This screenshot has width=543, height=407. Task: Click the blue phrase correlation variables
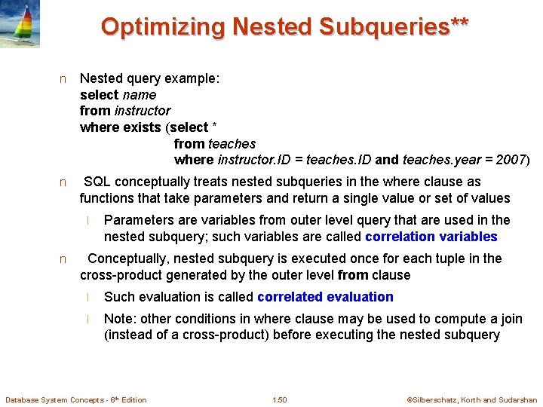[x=431, y=237]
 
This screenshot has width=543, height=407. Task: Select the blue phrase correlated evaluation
[x=325, y=297]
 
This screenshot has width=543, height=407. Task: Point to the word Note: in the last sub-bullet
[x=120, y=319]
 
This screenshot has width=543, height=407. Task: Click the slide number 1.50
[x=280, y=399]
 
